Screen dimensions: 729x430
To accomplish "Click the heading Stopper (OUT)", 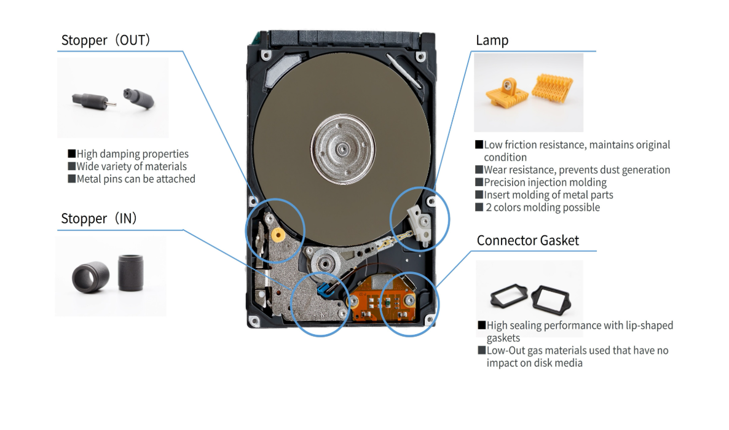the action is tap(106, 40).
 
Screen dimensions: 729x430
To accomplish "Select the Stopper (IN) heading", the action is tap(98, 218).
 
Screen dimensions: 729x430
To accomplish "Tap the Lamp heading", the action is tap(492, 41).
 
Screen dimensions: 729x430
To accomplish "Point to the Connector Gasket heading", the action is tap(527, 240).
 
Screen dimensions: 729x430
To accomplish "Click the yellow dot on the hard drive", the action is tap(278, 235).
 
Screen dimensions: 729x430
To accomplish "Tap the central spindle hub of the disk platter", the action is tap(342, 149).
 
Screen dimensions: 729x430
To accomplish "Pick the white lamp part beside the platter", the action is tap(419, 223).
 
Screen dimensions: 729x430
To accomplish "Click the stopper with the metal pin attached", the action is tap(93, 100).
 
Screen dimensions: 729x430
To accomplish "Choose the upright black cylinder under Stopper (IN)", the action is tap(130, 272).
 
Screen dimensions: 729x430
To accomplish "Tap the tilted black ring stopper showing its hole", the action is tap(90, 278).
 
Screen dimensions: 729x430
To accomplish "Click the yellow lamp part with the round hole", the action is tap(506, 93).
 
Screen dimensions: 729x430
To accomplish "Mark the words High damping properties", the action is tap(133, 154).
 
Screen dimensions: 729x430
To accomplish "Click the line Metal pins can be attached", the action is tap(136, 179).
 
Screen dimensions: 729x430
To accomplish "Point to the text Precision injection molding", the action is tap(545, 182).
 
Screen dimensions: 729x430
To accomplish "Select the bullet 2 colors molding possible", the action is tap(543, 208).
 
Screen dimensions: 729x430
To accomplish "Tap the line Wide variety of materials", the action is tap(132, 166).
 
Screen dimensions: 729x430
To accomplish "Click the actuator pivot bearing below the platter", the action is tap(324, 264).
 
